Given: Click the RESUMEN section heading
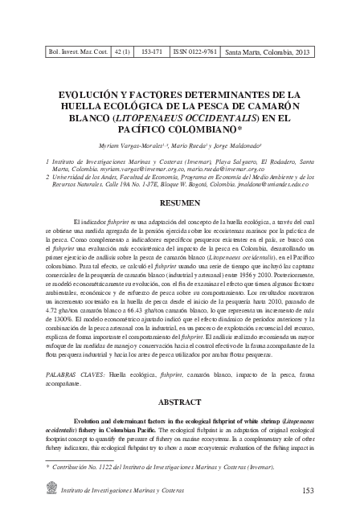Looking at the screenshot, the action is [x=180, y=204].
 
